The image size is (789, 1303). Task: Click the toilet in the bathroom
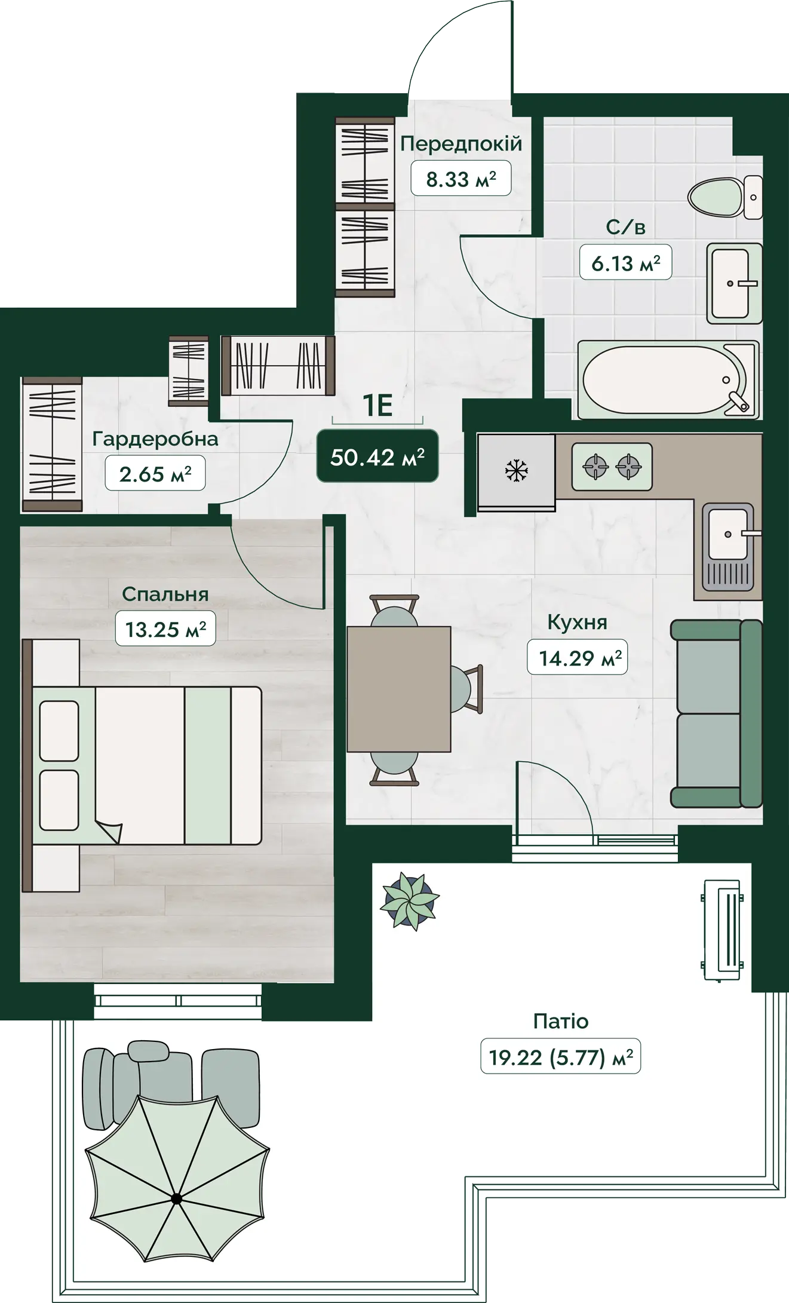click(724, 197)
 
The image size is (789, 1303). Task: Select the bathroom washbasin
click(734, 283)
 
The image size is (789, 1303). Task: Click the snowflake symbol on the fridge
click(516, 470)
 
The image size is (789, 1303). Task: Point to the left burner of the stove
click(595, 466)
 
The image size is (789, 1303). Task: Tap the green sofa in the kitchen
click(716, 713)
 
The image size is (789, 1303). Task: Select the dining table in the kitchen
click(398, 689)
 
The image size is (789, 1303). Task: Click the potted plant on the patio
click(410, 900)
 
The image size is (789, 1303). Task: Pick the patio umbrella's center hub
click(176, 1198)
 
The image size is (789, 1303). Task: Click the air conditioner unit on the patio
click(723, 930)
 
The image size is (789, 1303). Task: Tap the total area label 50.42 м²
click(377, 457)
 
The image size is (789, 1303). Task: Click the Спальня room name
click(165, 594)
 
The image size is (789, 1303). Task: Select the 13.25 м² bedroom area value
click(165, 629)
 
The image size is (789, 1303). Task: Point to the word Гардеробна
click(155, 439)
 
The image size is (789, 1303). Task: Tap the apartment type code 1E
click(377, 406)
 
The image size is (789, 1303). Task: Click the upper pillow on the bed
click(59, 730)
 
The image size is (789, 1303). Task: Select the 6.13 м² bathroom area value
click(626, 263)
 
